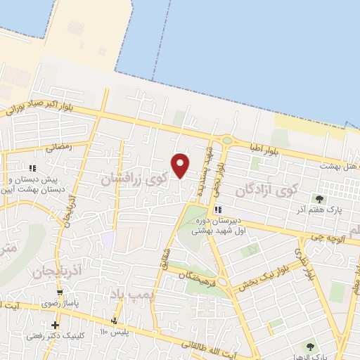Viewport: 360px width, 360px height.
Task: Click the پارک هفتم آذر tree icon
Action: [321, 199]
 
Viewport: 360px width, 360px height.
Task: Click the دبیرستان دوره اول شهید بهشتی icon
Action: [219, 210]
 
